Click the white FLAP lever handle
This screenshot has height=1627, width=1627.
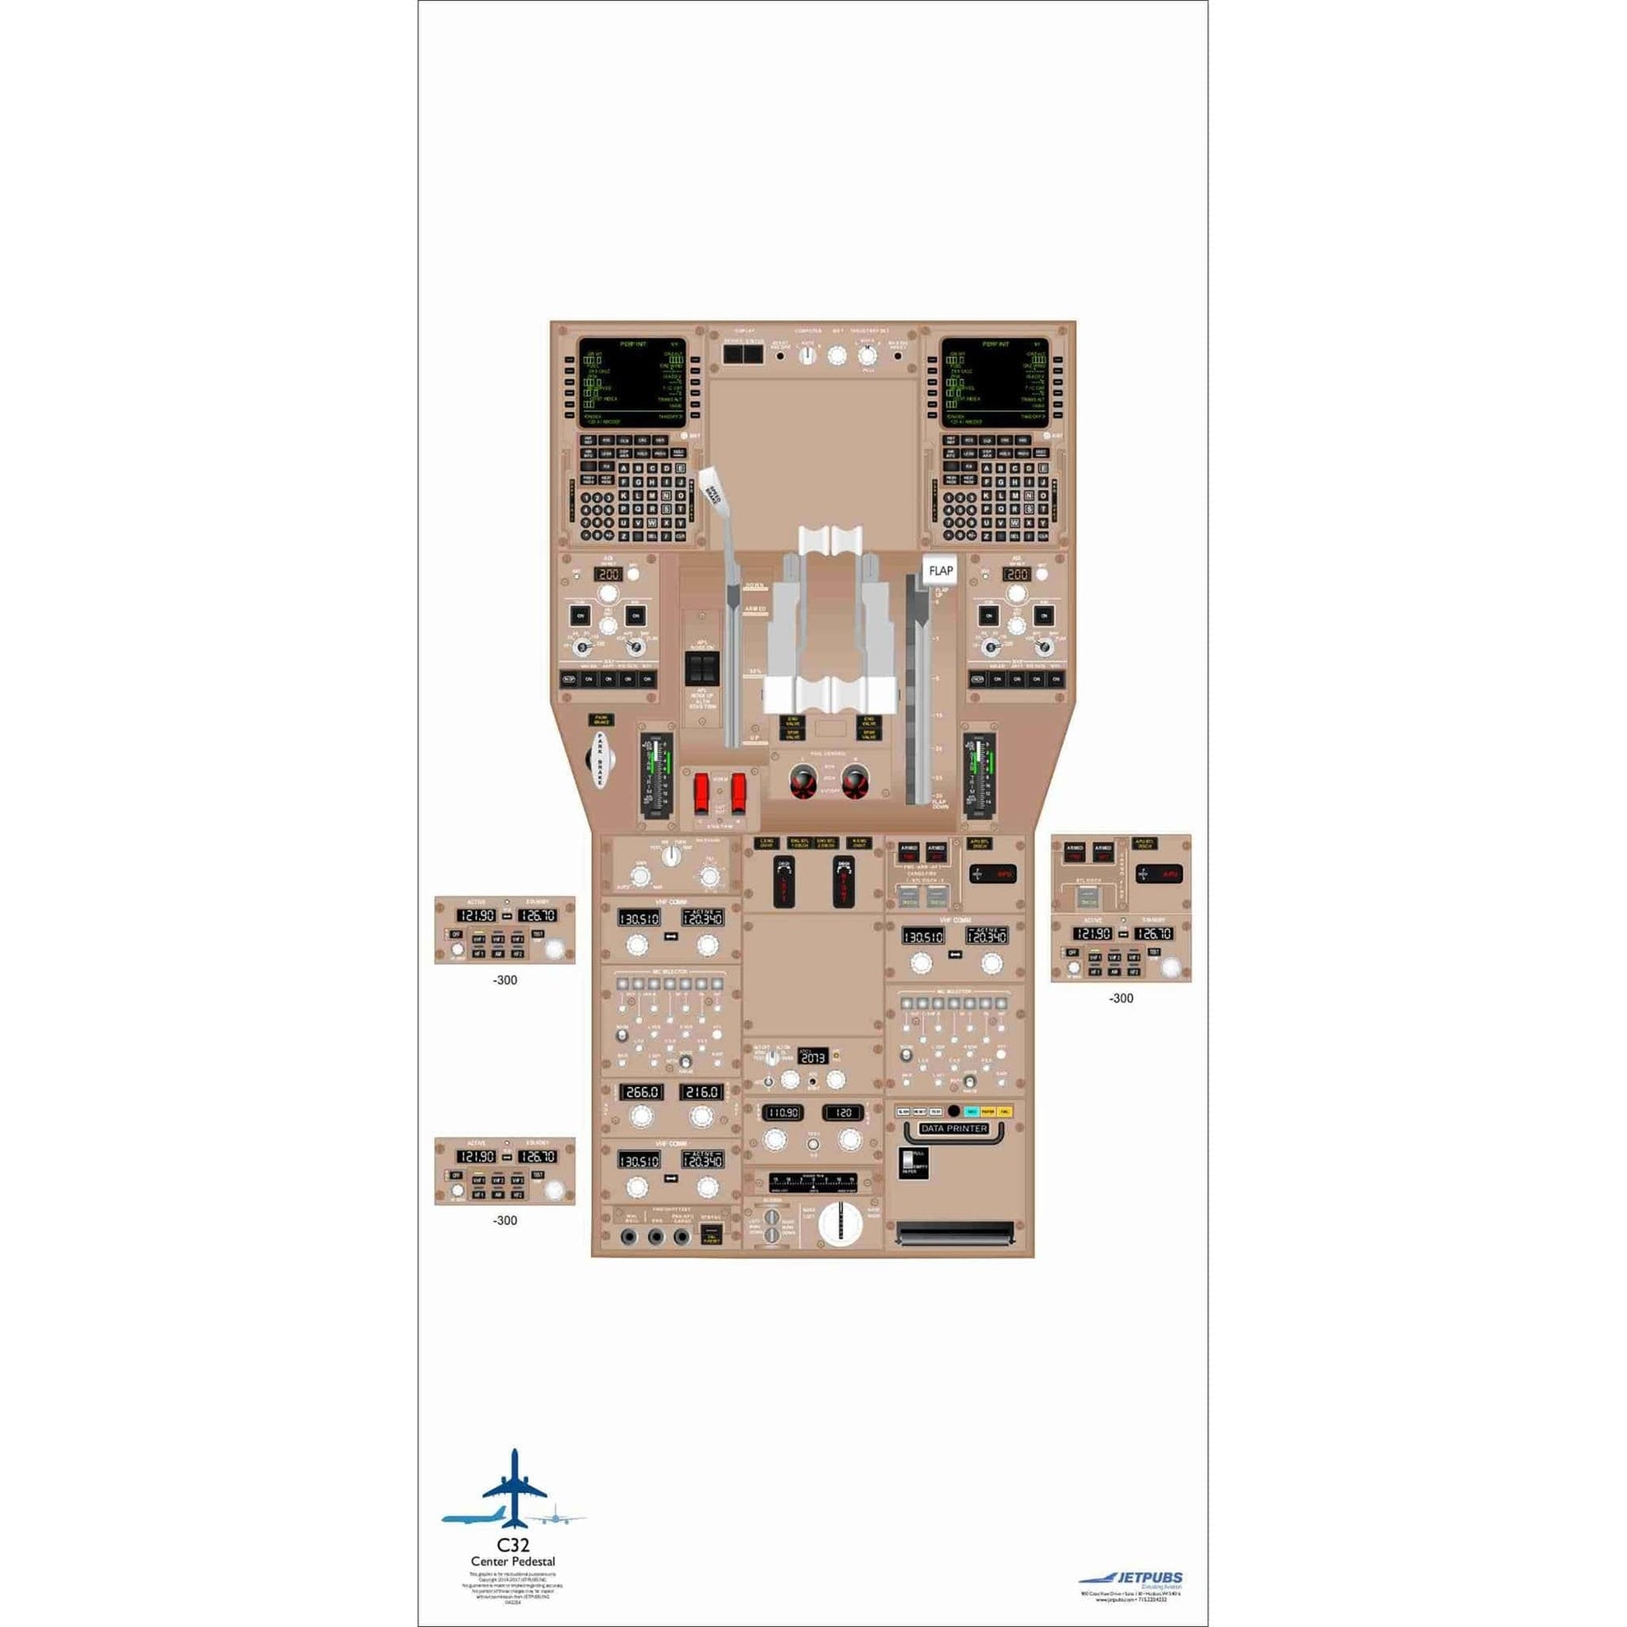pyautogui.click(x=940, y=570)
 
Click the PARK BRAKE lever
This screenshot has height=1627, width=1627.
pyautogui.click(x=601, y=757)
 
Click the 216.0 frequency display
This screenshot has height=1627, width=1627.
pyautogui.click(x=701, y=1092)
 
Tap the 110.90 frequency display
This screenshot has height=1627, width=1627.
pyautogui.click(x=783, y=1113)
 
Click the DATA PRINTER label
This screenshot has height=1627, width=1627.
pyautogui.click(x=954, y=1129)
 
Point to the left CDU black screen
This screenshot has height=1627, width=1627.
pyautogui.click(x=631, y=382)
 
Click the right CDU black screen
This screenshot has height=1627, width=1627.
pyautogui.click(x=994, y=382)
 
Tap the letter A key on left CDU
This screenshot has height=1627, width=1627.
pyautogui.click(x=623, y=469)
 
